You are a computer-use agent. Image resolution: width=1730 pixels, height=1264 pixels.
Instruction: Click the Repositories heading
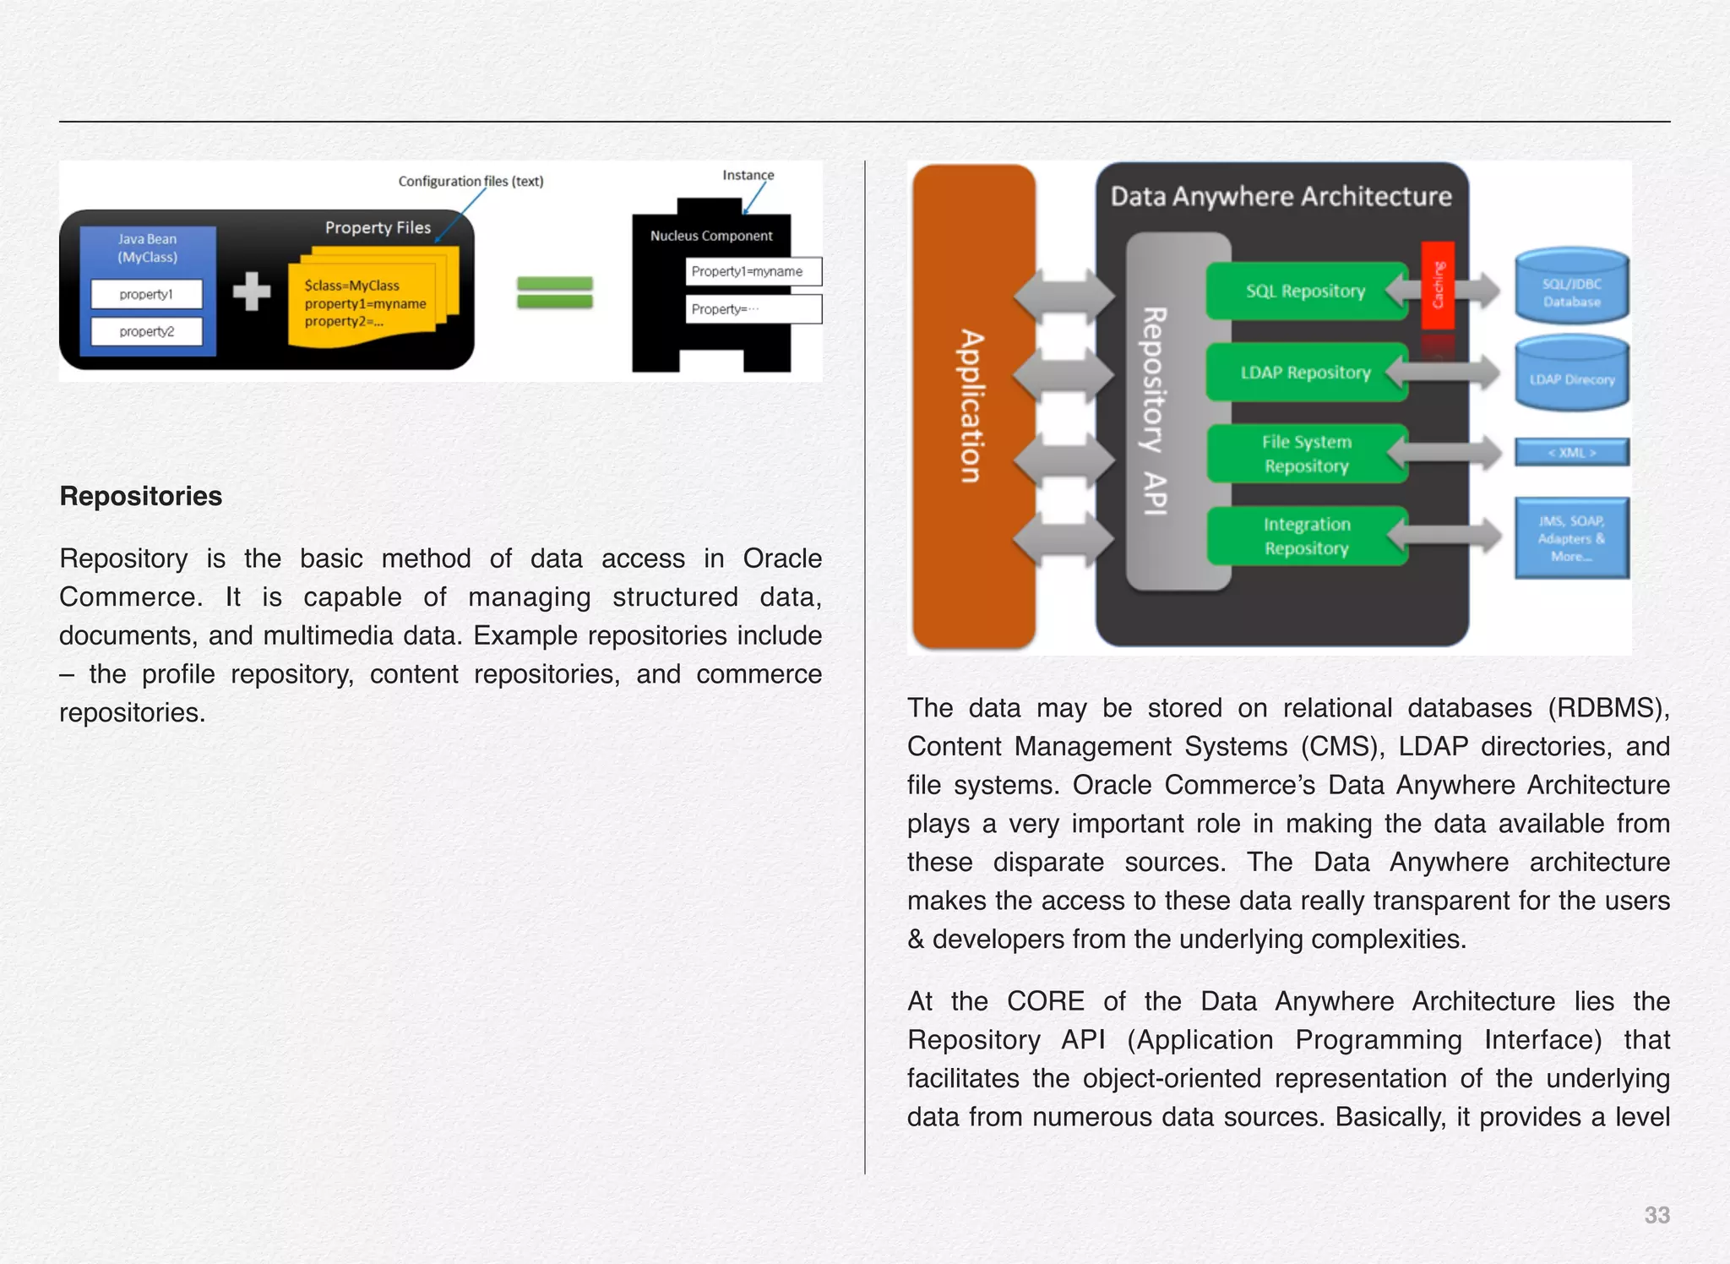[140, 496]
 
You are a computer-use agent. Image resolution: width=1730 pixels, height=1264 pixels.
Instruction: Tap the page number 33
[1656, 1215]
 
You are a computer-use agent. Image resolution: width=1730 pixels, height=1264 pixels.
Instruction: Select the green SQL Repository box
[1305, 291]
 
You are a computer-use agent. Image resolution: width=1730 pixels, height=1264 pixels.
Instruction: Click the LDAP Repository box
[1305, 373]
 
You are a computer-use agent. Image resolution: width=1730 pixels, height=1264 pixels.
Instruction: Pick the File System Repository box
[1305, 454]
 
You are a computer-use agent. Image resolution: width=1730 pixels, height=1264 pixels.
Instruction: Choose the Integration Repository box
[1305, 537]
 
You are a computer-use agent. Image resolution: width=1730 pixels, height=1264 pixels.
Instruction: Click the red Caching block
[1438, 286]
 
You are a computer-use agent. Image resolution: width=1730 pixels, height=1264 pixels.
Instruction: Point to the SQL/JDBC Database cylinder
[1571, 287]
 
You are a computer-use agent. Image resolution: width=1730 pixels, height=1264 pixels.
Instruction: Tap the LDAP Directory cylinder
[1571, 374]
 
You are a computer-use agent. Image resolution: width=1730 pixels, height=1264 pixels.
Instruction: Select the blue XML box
[1571, 453]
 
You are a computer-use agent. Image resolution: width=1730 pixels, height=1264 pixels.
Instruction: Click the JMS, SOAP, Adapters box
[1571, 538]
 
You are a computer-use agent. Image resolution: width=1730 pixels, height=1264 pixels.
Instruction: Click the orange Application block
[973, 406]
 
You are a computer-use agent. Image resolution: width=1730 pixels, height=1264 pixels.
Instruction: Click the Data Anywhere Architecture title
[1281, 197]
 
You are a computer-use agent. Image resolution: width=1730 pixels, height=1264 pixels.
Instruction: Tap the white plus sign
[252, 291]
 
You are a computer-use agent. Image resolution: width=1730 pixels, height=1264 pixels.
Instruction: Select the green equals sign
[554, 292]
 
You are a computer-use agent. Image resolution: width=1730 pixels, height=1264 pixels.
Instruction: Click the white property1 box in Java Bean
[147, 294]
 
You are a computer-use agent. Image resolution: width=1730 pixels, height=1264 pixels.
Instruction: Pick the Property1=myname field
[752, 271]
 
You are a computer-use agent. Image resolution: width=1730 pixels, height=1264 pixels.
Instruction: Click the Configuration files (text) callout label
[471, 181]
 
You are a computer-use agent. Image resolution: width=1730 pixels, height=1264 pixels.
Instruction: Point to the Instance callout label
[748, 175]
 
